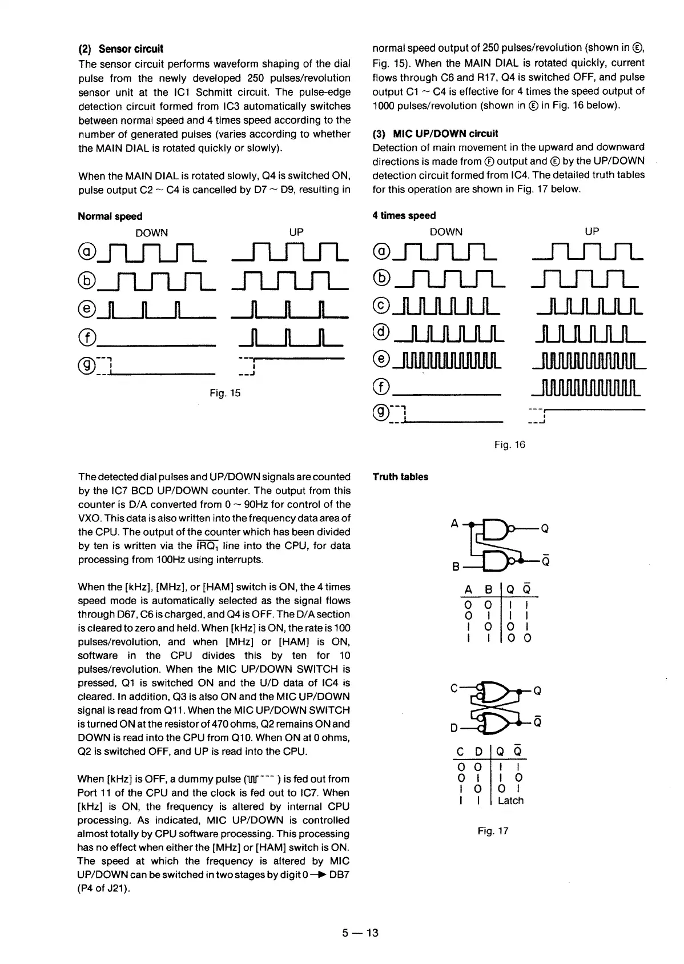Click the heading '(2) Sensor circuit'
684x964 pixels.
point(120,49)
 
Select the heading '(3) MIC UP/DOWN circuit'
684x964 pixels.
point(435,134)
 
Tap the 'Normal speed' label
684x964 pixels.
point(110,216)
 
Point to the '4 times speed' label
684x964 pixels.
point(404,215)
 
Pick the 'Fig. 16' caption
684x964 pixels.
point(510,444)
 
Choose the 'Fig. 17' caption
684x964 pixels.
point(493,831)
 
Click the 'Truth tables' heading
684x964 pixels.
point(400,477)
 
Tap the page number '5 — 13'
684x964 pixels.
point(360,933)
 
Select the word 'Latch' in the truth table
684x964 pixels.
point(510,801)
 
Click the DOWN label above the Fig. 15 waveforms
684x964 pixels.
point(152,232)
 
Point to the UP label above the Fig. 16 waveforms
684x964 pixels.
point(592,231)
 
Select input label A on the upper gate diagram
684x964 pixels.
point(454,524)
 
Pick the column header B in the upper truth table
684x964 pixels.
point(488,590)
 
